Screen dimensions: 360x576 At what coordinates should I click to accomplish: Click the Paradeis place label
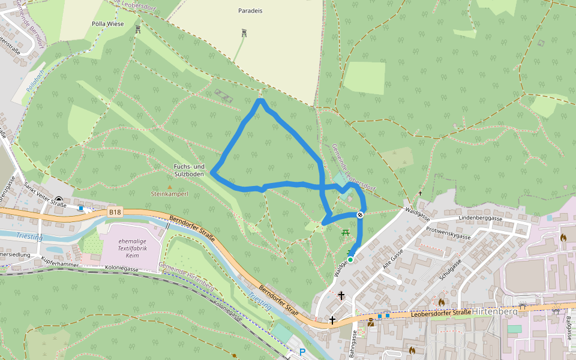tap(250, 11)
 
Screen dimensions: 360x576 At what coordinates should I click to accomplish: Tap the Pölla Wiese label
tap(107, 24)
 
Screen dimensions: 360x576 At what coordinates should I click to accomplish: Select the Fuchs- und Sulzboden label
tap(189, 170)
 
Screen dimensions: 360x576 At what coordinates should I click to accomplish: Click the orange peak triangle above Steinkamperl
tap(170, 187)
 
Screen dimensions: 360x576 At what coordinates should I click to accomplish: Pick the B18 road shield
tap(115, 212)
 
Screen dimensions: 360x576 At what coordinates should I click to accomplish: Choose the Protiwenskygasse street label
tap(448, 233)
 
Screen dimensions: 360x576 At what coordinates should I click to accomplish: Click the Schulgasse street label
tap(449, 271)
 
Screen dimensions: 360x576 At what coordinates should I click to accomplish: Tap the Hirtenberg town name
tap(495, 311)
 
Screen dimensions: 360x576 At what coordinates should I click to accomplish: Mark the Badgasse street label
tap(568, 329)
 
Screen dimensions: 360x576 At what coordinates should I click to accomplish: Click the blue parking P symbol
tap(302, 353)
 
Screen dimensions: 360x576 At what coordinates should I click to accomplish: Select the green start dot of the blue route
tap(350, 259)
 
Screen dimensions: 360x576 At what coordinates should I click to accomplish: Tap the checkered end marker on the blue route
tap(361, 214)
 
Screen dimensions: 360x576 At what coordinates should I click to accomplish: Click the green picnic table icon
tap(345, 232)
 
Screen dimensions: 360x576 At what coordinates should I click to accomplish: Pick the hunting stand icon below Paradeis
tap(244, 33)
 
